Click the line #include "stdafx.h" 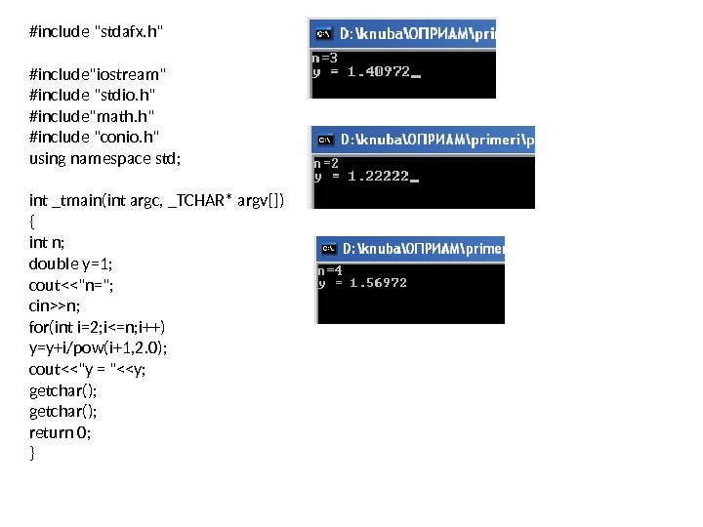(97, 31)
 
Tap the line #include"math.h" (90, 115)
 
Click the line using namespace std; (105, 157)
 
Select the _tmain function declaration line (157, 200)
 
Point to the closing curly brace (33, 453)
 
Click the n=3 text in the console (325, 58)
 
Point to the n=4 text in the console (331, 269)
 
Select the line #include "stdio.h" (93, 94)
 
